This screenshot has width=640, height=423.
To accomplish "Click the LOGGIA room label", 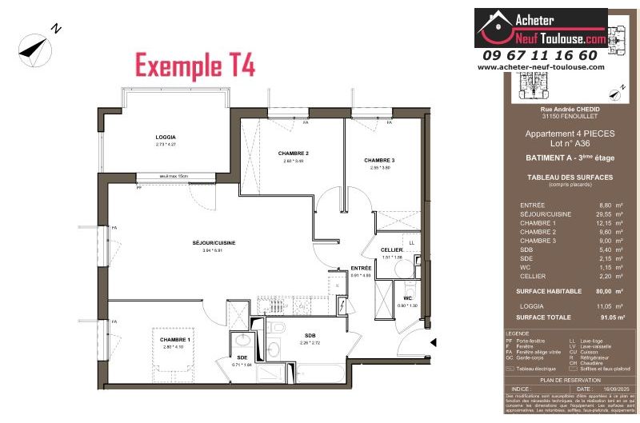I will [166, 137].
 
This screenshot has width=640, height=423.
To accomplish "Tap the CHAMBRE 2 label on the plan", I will [294, 153].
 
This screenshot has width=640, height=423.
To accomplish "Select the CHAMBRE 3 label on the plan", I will [379, 160].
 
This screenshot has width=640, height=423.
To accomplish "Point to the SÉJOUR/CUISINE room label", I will [214, 242].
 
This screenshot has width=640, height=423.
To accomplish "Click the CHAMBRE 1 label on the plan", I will [174, 339].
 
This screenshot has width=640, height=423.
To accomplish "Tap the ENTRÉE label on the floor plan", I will [361, 269].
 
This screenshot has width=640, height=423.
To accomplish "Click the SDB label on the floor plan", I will [310, 335].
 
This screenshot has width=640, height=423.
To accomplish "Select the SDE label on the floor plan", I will [241, 357].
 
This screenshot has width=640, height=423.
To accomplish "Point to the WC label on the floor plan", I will [407, 298].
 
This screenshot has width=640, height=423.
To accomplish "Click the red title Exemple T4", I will [195, 66].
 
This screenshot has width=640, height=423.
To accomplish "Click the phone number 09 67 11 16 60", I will [540, 55].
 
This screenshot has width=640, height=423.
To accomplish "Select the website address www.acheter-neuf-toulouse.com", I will [541, 67].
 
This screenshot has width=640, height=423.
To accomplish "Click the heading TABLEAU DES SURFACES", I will [570, 177].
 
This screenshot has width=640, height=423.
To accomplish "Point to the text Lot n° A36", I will [570, 145].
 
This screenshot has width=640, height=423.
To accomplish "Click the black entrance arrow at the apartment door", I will [433, 343].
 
